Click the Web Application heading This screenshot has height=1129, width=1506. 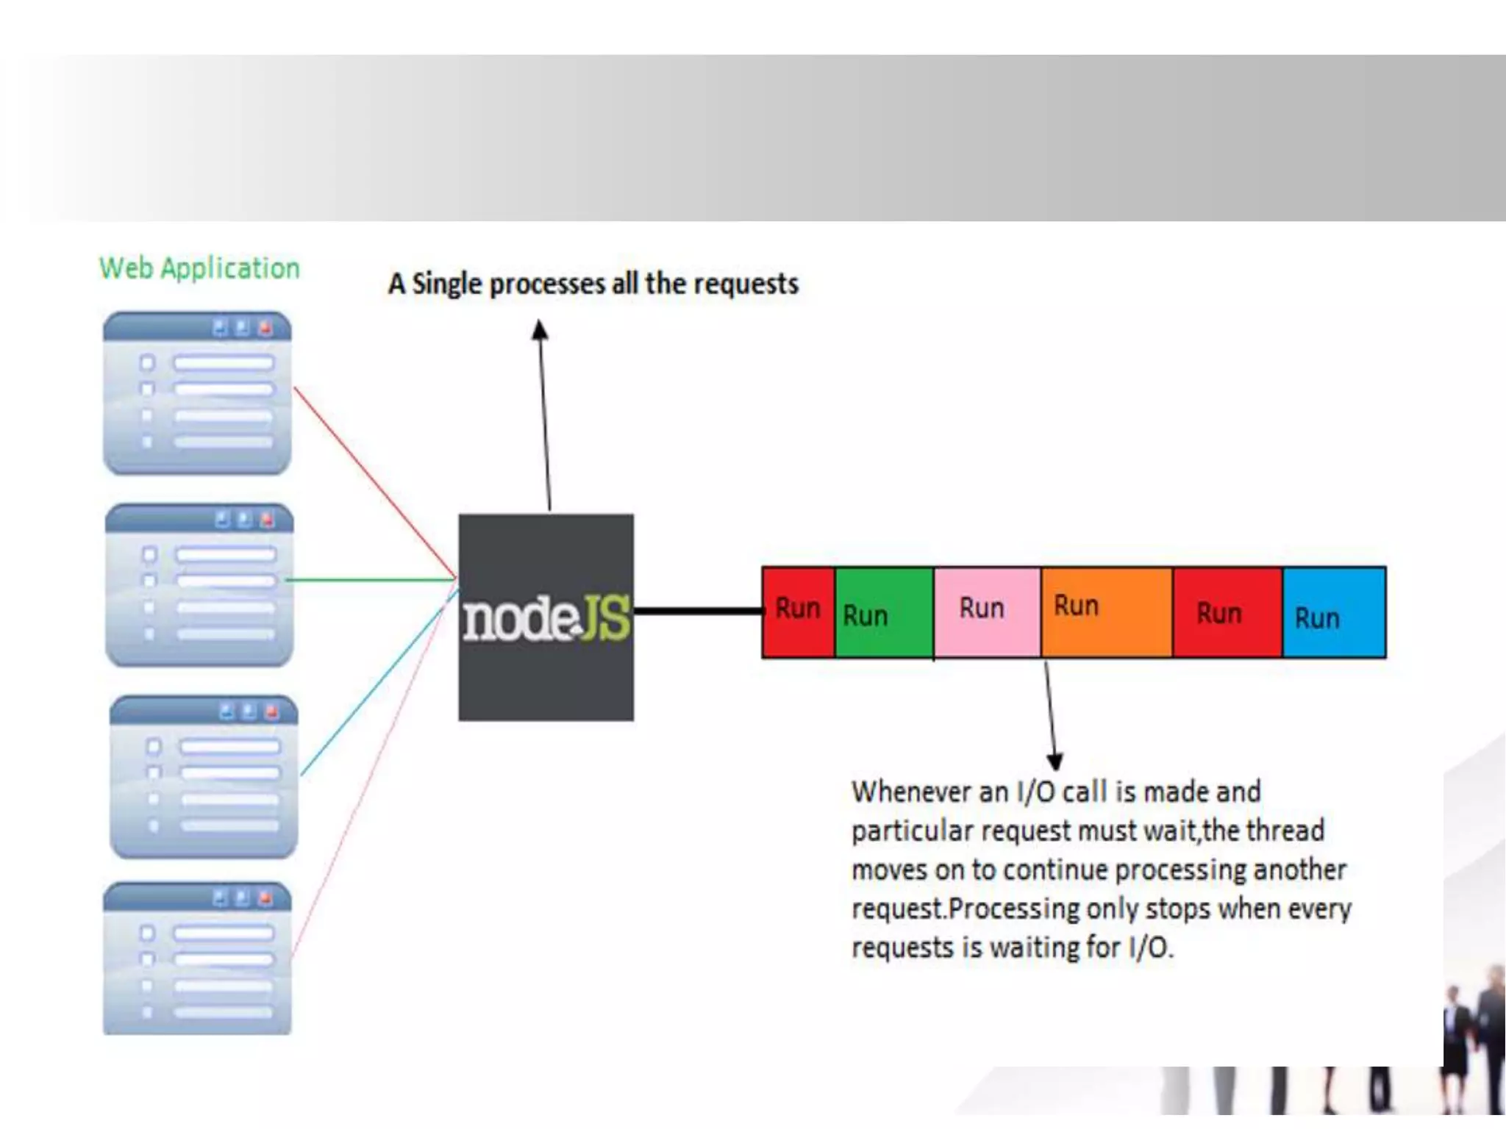pyautogui.click(x=199, y=268)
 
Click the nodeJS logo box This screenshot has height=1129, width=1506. pyautogui.click(x=546, y=617)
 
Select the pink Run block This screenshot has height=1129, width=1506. pyautogui.click(x=987, y=612)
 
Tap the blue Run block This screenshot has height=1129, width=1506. pyautogui.click(x=1334, y=612)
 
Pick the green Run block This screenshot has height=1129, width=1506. pyautogui.click(x=884, y=612)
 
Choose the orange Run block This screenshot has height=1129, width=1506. pyautogui.click(x=1106, y=612)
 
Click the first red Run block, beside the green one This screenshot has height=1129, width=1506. pyautogui.click(x=798, y=612)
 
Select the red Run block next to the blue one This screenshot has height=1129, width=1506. pyautogui.click(x=1227, y=612)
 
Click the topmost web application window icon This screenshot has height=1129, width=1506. pyautogui.click(x=197, y=393)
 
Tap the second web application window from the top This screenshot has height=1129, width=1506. pyautogui.click(x=199, y=585)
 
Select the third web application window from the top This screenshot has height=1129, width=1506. pyautogui.click(x=204, y=777)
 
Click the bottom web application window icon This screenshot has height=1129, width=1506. pyautogui.click(x=197, y=958)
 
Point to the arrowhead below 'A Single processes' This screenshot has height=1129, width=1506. pyautogui.click(x=540, y=330)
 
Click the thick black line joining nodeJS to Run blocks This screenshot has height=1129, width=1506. pyautogui.click(x=697, y=611)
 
